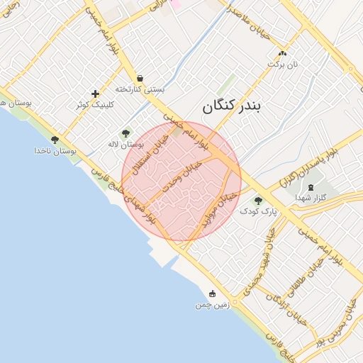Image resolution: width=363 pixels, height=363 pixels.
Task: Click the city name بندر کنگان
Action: pyautogui.click(x=232, y=106)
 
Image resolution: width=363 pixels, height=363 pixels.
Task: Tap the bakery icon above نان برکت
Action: pyautogui.click(x=283, y=54)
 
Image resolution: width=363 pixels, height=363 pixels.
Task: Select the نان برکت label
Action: pyautogui.click(x=283, y=65)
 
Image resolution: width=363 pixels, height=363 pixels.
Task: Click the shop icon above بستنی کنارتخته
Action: pyautogui.click(x=140, y=79)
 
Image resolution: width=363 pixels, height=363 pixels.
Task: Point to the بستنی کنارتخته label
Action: pyautogui.click(x=140, y=90)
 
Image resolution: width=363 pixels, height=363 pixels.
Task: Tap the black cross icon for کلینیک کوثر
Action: pyautogui.click(x=95, y=94)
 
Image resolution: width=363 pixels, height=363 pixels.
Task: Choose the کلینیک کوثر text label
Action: pyautogui.click(x=95, y=105)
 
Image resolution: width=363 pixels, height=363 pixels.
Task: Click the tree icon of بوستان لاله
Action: pyautogui.click(x=125, y=133)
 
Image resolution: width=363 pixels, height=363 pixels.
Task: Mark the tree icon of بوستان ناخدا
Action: pyautogui.click(x=55, y=140)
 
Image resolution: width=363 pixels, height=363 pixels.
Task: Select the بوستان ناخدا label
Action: pyautogui.click(x=55, y=151)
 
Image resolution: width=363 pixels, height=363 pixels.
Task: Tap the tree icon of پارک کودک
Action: pyautogui.click(x=258, y=201)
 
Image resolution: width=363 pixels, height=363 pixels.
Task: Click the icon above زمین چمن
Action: pyautogui.click(x=212, y=294)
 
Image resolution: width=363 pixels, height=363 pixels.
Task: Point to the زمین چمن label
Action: pyautogui.click(x=212, y=305)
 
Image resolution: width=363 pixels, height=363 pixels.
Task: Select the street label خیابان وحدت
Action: pyautogui.click(x=182, y=176)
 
